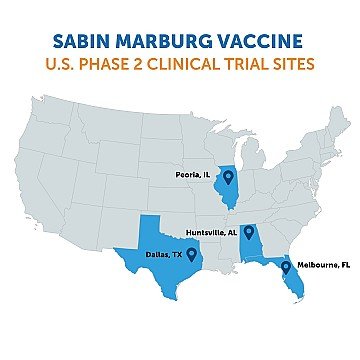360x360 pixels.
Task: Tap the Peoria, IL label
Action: (x=194, y=174)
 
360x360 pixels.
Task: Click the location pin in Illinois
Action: (x=229, y=177)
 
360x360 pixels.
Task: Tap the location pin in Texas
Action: (x=192, y=254)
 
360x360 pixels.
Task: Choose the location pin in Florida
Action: (x=286, y=267)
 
